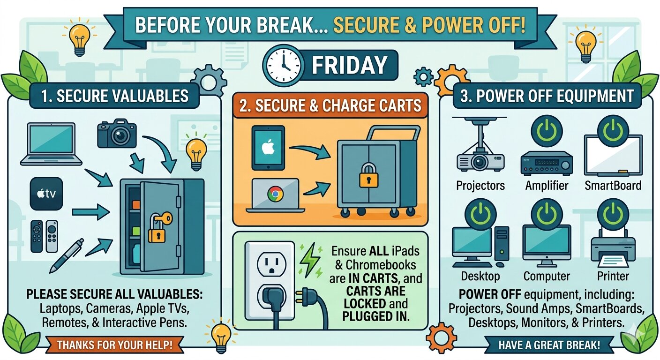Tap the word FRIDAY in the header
pos(350,66)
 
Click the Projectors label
pos(480,186)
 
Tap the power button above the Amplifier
pos(547,131)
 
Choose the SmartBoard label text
pos(613,186)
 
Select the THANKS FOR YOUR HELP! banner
pos(114,346)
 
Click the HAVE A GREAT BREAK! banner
pos(549,346)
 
